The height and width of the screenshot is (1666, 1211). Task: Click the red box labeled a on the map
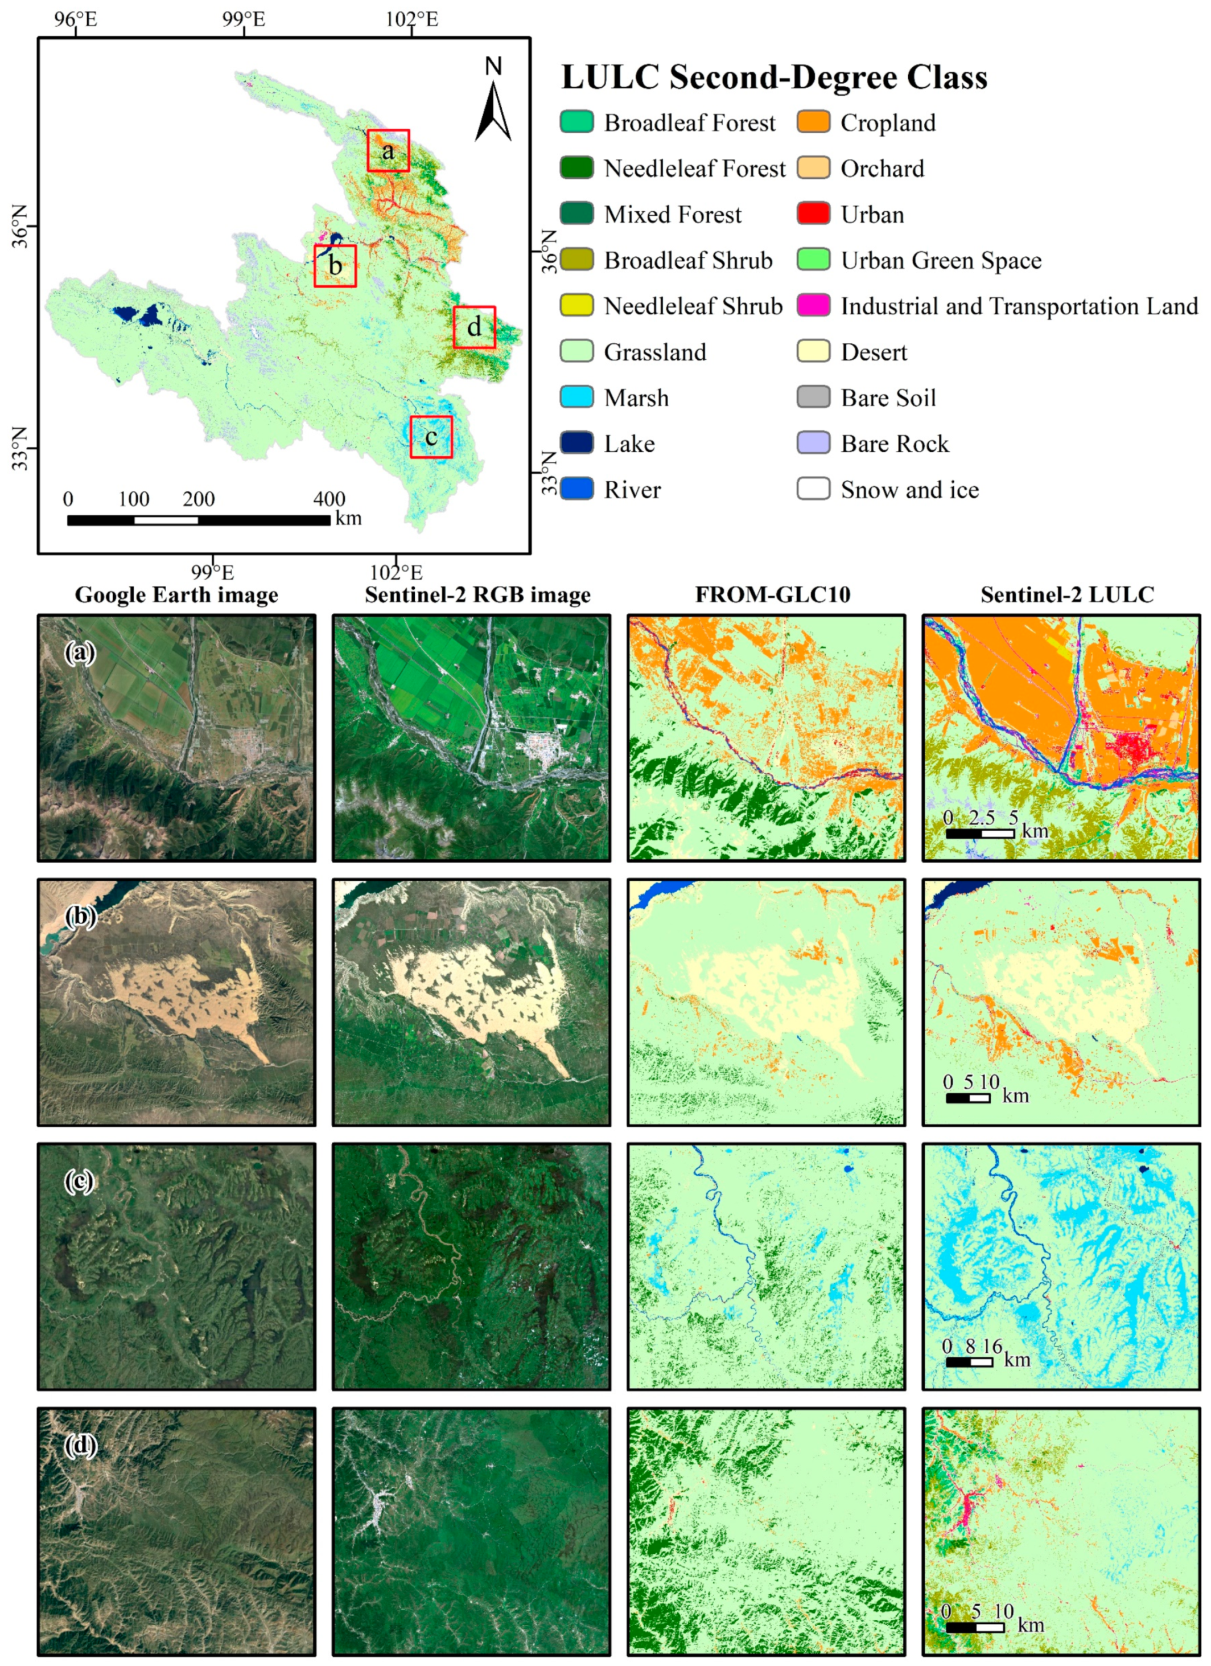click(x=388, y=150)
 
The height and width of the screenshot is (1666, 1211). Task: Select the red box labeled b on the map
click(x=335, y=266)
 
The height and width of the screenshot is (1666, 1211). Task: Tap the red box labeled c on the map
click(x=431, y=437)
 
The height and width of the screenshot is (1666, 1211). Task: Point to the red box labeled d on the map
click(x=475, y=327)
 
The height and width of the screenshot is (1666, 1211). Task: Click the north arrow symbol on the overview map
click(x=493, y=110)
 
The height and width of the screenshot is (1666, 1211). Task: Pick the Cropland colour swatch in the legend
click(x=814, y=122)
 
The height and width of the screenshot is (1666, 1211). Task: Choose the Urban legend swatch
click(x=814, y=215)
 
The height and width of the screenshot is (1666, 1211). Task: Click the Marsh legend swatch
click(x=576, y=397)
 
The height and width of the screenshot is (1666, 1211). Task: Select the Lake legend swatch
click(x=576, y=444)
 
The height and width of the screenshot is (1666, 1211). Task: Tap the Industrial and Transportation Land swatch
click(x=814, y=306)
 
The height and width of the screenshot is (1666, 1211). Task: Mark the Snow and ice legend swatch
click(x=814, y=489)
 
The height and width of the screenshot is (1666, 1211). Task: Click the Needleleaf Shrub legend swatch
click(x=576, y=306)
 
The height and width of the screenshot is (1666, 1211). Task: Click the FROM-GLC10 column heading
click(x=773, y=594)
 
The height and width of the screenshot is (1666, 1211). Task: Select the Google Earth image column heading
click(x=176, y=594)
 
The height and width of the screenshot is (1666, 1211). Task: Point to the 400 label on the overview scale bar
click(x=329, y=499)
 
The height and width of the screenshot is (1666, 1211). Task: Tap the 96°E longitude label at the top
click(x=76, y=19)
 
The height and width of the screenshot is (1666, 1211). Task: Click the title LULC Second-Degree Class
click(x=774, y=77)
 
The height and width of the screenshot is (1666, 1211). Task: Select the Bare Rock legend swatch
click(x=814, y=444)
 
